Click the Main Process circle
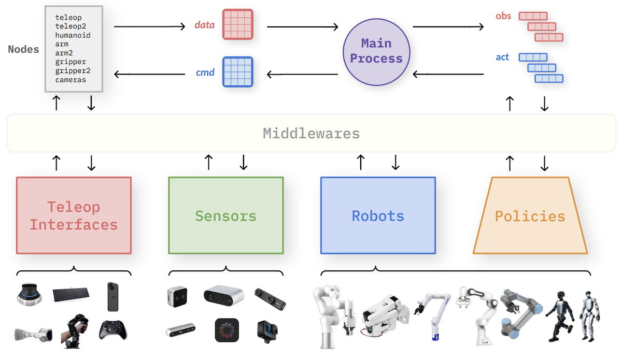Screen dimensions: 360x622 pos(376,51)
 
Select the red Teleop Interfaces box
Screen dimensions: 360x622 pos(74,215)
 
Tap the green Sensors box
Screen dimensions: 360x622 pos(226,215)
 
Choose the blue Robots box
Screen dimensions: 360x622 pos(378,215)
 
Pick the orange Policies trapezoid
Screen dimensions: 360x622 pos(530,215)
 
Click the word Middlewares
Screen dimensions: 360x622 pos(311,133)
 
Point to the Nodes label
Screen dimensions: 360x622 pos(23,50)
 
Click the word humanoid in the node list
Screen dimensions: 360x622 pos(73,35)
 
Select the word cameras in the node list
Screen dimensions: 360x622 pos(70,80)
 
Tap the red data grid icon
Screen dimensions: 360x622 pos(237,24)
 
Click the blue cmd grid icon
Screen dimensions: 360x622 pos(237,71)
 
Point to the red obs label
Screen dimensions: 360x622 pos(503,16)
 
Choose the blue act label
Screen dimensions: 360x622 pos(502,57)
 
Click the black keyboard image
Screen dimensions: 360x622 pos(75,295)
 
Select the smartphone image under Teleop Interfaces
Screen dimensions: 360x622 pos(114,296)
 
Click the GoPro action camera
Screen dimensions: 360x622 pos(267,330)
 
